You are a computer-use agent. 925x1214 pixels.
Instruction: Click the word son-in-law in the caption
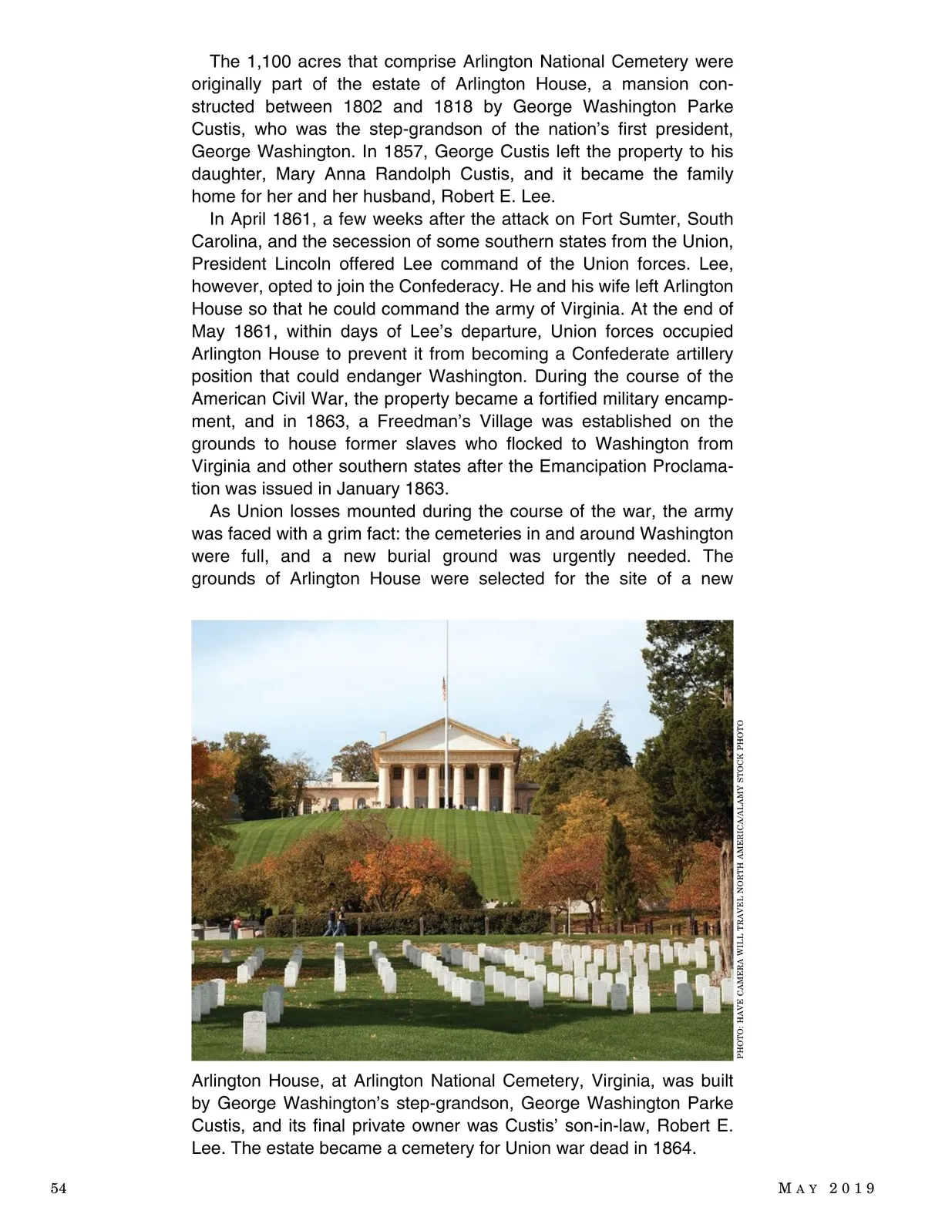[x=549, y=1126]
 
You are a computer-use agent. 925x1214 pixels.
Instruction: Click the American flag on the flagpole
[x=443, y=687]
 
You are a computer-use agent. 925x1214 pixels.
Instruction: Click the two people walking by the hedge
[x=335, y=920]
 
